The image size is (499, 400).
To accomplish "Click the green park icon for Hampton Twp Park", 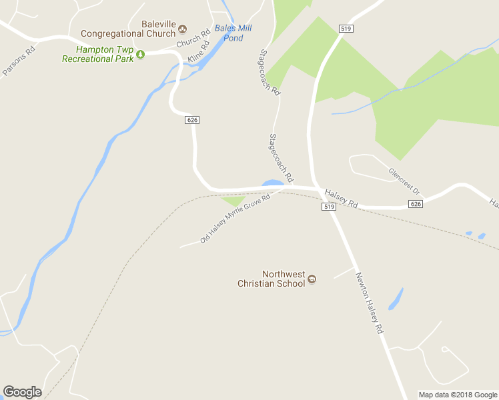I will [140, 57].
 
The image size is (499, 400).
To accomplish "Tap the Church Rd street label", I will [193, 39].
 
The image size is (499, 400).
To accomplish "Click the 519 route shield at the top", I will [346, 29].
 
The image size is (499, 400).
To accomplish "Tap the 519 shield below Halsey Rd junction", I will [328, 207].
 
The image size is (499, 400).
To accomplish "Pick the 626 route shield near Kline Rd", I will [192, 119].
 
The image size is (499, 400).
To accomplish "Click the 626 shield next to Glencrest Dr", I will [416, 204].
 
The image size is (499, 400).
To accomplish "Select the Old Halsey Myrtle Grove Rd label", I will [235, 219].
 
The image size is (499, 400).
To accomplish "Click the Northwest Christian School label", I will [272, 279].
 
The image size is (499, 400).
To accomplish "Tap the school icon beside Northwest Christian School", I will [312, 279].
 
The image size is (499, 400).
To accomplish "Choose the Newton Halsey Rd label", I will [369, 303].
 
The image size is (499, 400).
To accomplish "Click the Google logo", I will [22, 392].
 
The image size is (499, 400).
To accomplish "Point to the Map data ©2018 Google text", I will [458, 395].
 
